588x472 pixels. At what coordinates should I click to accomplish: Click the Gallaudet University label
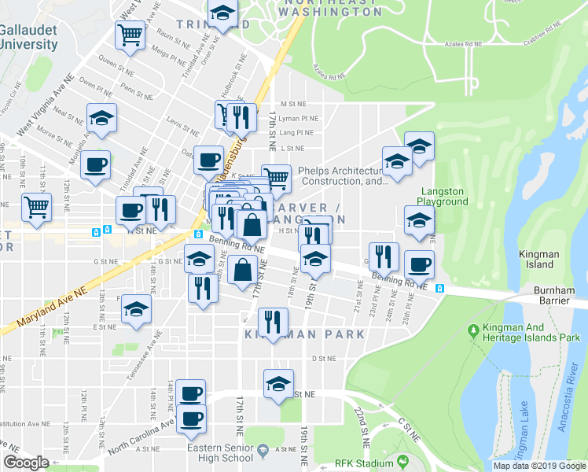coord(29,36)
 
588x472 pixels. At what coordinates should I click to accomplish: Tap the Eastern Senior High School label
coord(226,453)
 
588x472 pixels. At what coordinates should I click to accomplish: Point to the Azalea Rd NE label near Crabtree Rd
coord(462,46)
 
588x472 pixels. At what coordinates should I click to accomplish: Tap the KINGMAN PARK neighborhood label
coord(305,334)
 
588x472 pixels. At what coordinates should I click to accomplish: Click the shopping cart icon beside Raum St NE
coord(130,34)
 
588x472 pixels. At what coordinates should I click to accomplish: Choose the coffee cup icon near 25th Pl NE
coord(419,264)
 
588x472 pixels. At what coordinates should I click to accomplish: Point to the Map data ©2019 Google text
coord(539,466)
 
